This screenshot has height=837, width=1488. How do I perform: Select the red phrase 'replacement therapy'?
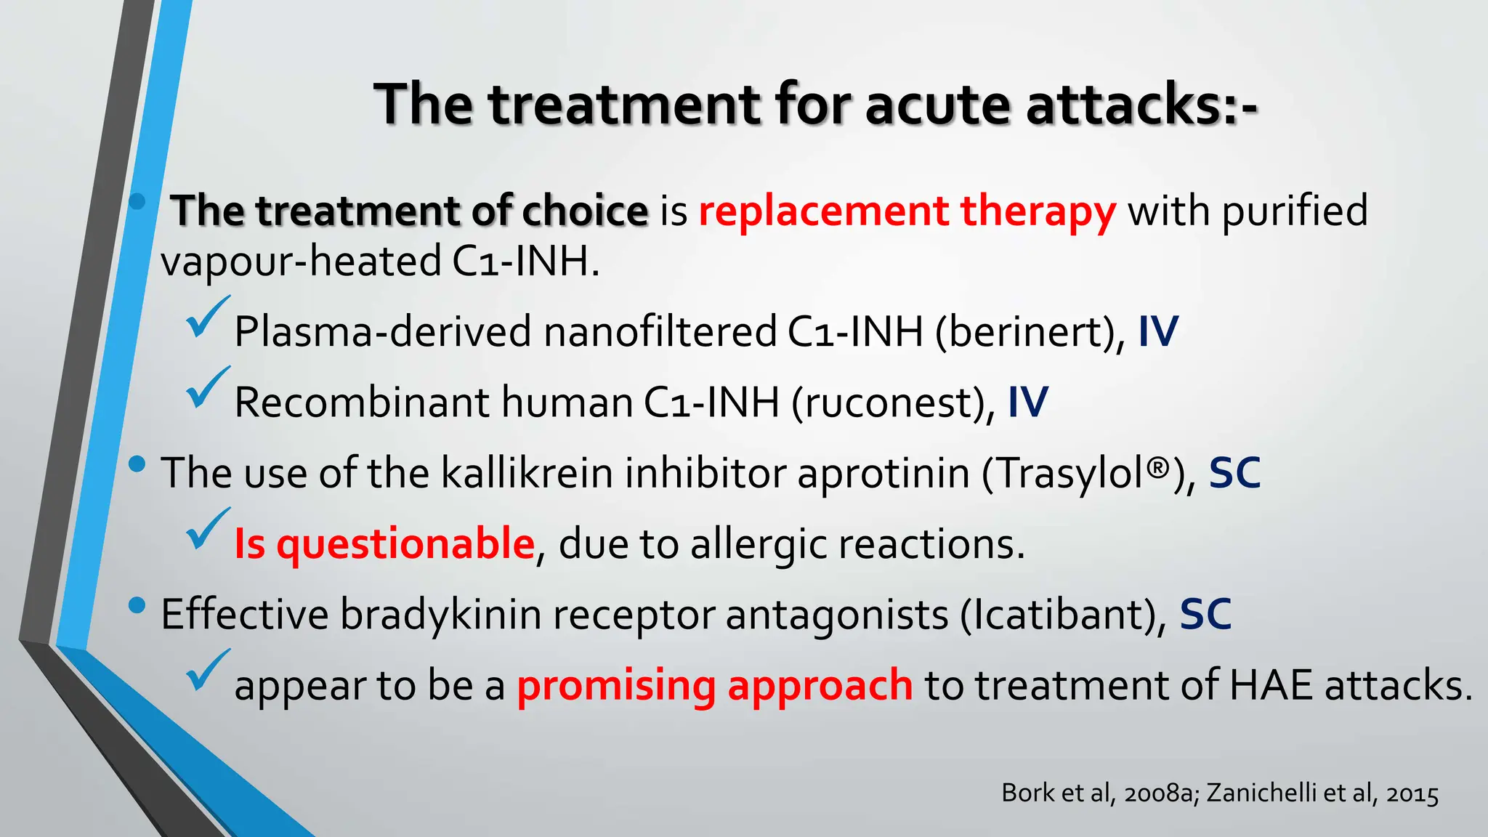point(907,211)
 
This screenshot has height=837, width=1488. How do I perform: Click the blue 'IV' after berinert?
point(1158,332)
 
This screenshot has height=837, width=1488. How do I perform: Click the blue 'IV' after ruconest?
point(1028,403)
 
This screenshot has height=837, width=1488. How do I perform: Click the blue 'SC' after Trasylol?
point(1234,474)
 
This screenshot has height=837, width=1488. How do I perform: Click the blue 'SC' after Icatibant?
point(1205,615)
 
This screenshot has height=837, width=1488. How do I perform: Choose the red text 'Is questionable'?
point(384,544)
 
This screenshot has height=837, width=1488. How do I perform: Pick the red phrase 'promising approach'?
point(714,685)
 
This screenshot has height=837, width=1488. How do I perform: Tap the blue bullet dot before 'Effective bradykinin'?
point(137,605)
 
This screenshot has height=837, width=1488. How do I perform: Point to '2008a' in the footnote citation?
point(1157,793)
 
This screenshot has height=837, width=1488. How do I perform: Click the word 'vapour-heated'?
point(301,262)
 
